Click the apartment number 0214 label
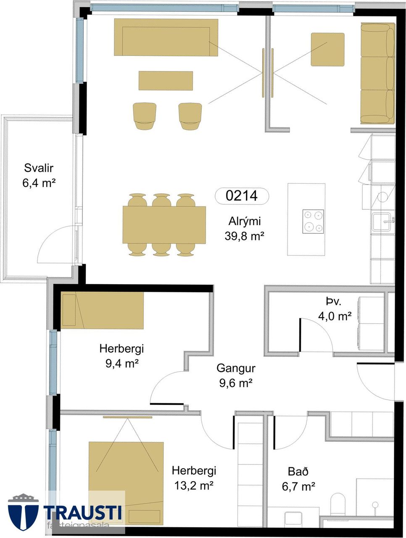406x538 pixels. pos(242,196)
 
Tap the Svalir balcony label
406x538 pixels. pos(39,168)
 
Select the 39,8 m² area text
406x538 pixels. pos(244,236)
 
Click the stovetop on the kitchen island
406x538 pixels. pos(313,222)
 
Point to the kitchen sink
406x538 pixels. pos(382,222)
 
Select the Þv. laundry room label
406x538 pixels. pos(333,302)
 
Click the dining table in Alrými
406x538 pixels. pos(164,224)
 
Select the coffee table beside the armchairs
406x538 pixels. pos(166,81)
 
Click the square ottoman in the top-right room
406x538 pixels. pos(327,50)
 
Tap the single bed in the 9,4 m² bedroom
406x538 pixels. pos(102,310)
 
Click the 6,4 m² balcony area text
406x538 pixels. pos(39,183)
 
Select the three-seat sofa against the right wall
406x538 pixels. pos(377,73)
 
